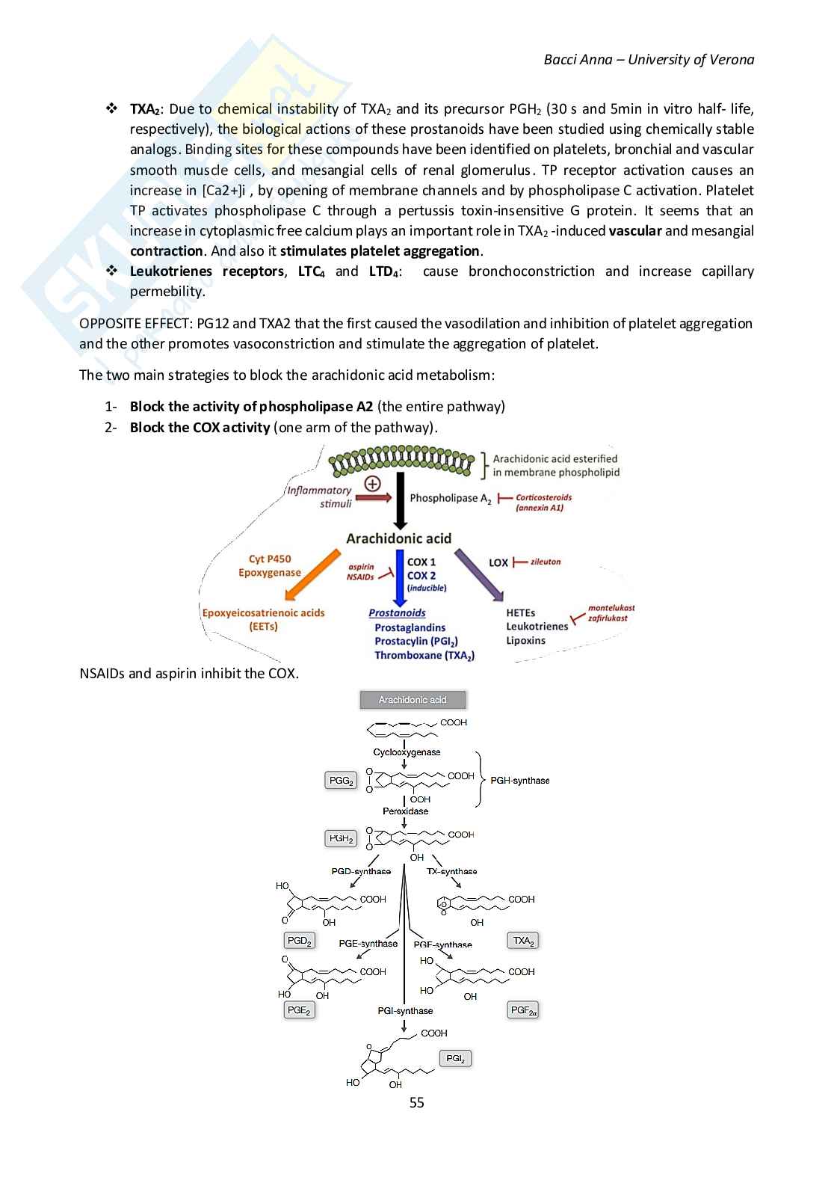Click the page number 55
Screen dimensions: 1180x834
pos(417,1102)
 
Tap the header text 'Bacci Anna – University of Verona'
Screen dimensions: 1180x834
pos(649,60)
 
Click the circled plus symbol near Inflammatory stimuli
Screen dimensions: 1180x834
pos(372,483)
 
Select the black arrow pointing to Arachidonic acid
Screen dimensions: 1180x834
pos(400,500)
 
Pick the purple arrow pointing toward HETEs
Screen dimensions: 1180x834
pos(479,574)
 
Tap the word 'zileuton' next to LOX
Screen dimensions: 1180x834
pos(546,562)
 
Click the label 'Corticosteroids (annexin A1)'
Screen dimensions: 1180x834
pos(543,502)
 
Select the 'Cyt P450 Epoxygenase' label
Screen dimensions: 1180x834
pos(270,565)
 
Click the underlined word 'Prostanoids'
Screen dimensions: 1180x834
pos(397,612)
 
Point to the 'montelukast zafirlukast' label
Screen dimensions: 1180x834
pos(611,613)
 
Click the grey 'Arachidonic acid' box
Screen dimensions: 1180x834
pos(413,700)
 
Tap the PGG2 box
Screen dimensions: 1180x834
pos(341,781)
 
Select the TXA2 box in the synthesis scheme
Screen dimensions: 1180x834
pos(523,941)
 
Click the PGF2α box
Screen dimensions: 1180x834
pos(523,1010)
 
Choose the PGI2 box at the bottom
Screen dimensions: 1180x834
pos(455,1058)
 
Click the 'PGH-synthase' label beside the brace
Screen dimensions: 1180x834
pos(519,781)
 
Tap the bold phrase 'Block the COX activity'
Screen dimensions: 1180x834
pos(200,428)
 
